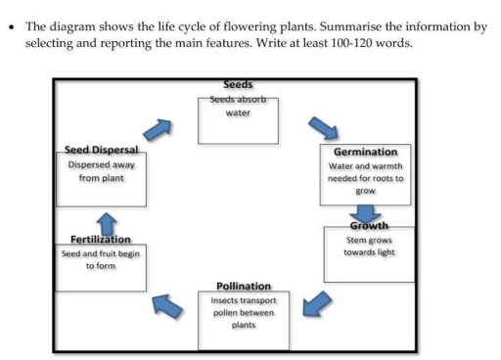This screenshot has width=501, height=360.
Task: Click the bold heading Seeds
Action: (x=238, y=85)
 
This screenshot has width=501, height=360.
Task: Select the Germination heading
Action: (x=365, y=152)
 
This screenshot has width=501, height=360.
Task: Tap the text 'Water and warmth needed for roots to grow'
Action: (x=365, y=178)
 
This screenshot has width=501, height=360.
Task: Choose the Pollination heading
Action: (x=243, y=286)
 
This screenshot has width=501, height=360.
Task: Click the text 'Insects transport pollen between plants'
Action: (x=243, y=312)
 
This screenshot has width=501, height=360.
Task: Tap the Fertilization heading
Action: (x=101, y=240)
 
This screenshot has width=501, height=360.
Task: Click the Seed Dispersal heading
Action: (x=101, y=149)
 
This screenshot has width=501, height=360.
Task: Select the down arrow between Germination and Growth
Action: (x=366, y=212)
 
